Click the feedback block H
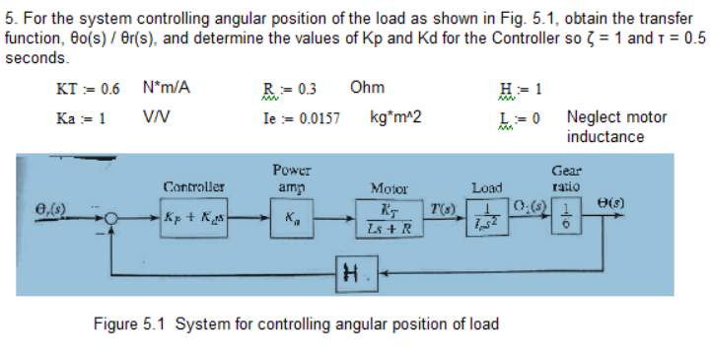pos(353,272)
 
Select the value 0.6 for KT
pos(107,89)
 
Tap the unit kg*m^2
pos(395,117)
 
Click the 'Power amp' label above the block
pos(291,177)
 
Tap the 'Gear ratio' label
pos(566,177)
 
